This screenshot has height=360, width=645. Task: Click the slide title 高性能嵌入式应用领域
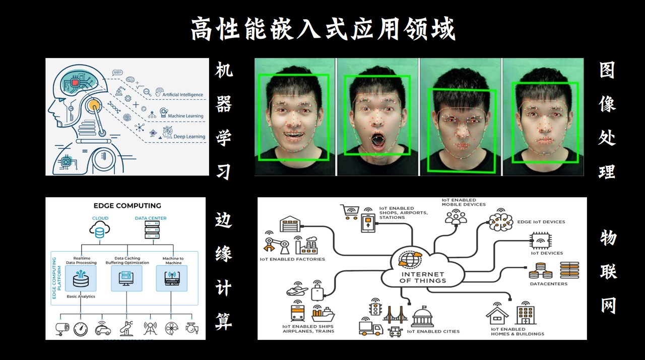(322, 29)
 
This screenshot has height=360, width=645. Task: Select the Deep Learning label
(189, 137)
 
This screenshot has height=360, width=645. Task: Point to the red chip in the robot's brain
(75, 82)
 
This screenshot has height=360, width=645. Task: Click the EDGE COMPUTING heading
(127, 206)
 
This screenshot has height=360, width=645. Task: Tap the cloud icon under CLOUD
(100, 230)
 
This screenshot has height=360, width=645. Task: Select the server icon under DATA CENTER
(151, 230)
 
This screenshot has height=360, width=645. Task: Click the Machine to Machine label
(173, 261)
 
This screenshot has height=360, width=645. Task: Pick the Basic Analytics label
(81, 296)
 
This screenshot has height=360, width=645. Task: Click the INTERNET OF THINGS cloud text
(422, 277)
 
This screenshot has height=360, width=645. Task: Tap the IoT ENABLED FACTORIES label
(292, 259)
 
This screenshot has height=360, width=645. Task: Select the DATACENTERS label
(548, 284)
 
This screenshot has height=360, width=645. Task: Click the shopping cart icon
(349, 211)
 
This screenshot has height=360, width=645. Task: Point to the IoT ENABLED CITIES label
(433, 332)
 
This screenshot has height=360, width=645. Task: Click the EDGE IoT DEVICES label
(541, 222)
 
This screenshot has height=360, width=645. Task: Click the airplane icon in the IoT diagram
(297, 291)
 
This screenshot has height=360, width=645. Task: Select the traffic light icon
(374, 307)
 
